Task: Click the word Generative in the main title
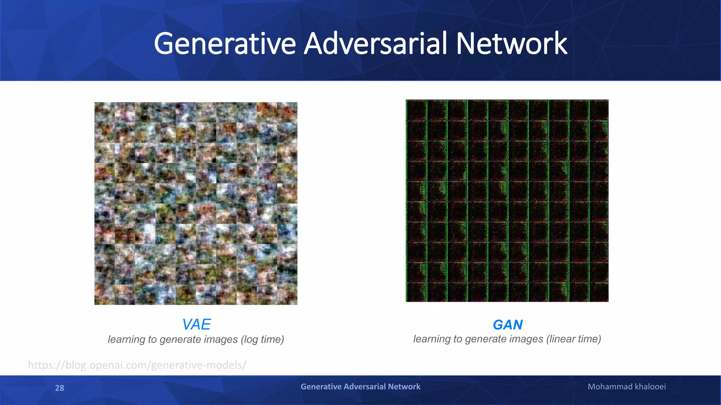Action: point(225,44)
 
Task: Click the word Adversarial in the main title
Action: point(376,44)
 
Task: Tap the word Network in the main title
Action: point(512,44)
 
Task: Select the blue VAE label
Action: point(196,324)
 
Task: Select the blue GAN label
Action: point(508,325)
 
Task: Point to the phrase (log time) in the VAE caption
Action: point(262,340)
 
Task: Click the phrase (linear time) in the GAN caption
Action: point(573,339)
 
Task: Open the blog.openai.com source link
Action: point(137,365)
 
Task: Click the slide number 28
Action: point(59,388)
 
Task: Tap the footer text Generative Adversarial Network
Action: point(360,387)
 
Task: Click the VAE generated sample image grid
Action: point(196,203)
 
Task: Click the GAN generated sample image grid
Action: point(507,201)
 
